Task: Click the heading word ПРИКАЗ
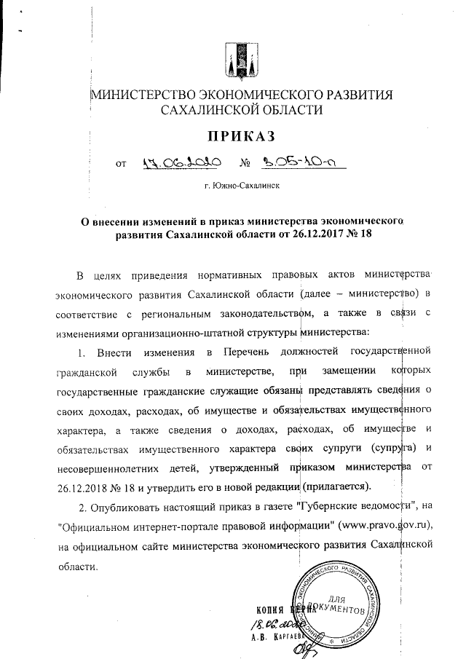[x=242, y=138]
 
